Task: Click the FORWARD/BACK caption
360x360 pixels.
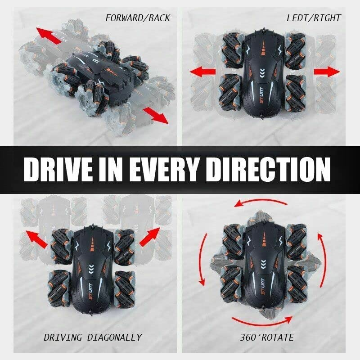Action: click(138, 18)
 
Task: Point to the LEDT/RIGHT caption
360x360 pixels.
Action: click(314, 18)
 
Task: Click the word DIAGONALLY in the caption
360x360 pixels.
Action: click(115, 337)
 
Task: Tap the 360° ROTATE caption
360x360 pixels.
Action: click(267, 337)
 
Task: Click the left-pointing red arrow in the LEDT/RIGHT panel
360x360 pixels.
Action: click(202, 72)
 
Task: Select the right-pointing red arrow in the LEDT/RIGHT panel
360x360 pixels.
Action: click(327, 72)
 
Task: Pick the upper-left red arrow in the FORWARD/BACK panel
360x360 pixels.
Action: click(49, 35)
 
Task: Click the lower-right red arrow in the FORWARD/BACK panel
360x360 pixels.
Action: click(156, 116)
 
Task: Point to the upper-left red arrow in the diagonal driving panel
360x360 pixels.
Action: click(36, 239)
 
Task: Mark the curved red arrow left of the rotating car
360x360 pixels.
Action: click(200, 260)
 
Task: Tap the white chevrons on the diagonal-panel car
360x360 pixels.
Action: click(91, 268)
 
